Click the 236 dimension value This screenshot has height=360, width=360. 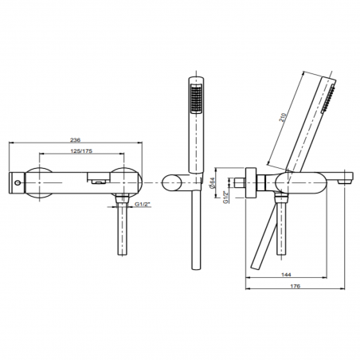click(x=75, y=139)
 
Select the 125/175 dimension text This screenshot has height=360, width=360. click(x=81, y=151)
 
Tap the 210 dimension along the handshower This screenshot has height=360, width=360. click(x=283, y=118)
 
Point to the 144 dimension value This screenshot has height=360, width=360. click(x=287, y=275)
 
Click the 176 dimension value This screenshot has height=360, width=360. click(x=295, y=286)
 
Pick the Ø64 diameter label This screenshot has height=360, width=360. click(x=212, y=182)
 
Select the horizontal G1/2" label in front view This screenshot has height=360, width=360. click(x=143, y=204)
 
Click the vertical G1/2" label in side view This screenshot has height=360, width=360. click(x=225, y=197)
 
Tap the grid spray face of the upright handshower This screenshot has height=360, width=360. click(x=196, y=99)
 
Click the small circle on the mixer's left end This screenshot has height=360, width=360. click(x=18, y=183)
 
